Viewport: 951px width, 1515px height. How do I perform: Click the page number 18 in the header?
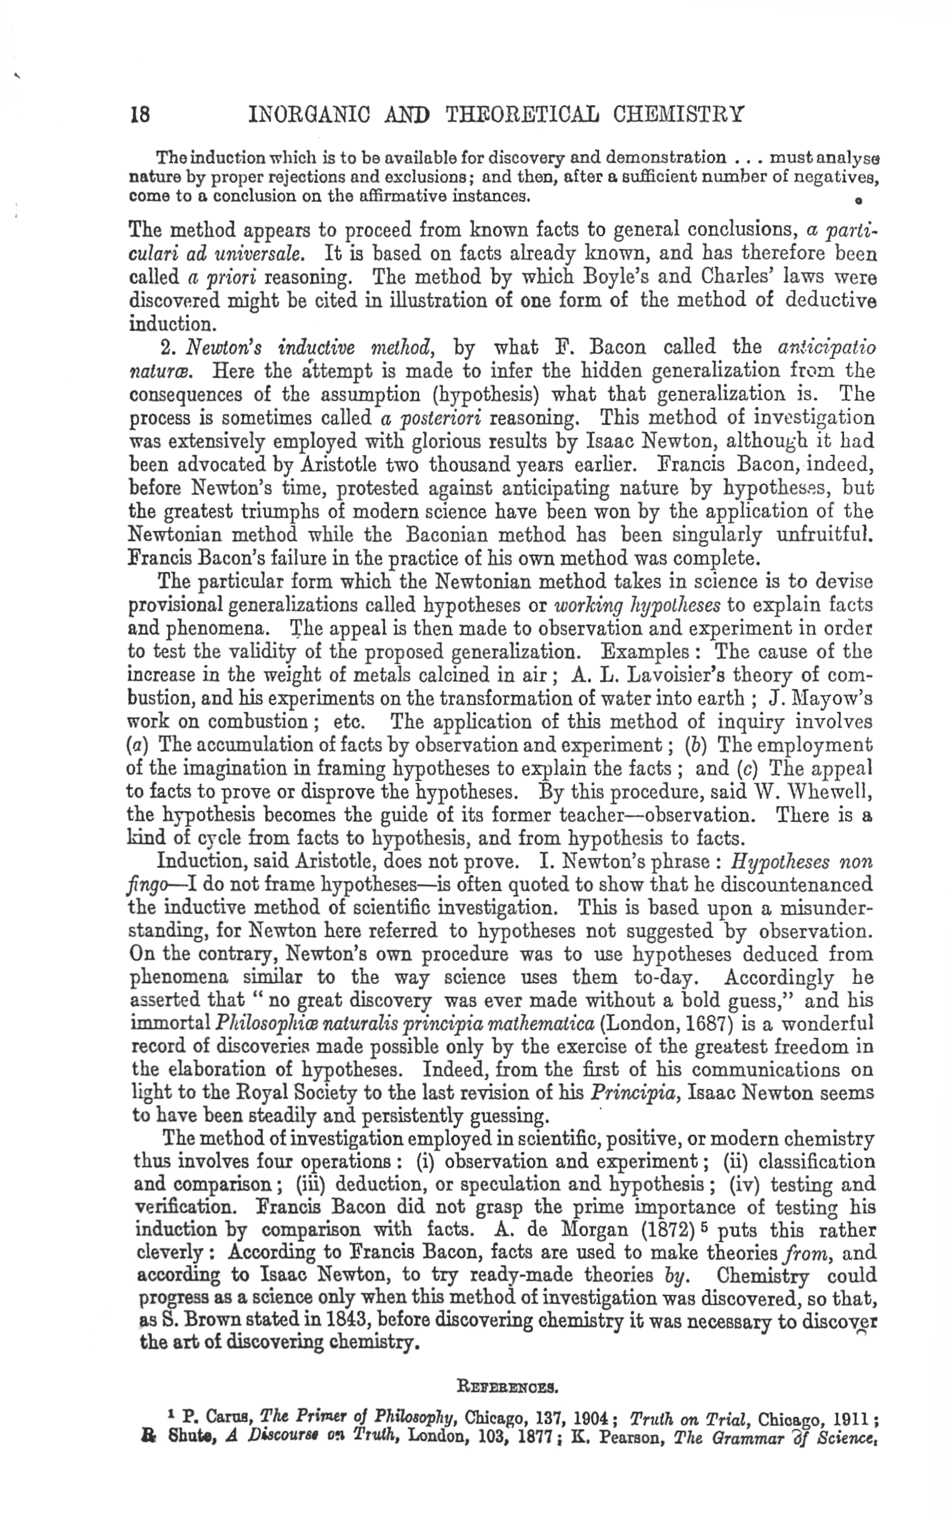tap(140, 115)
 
